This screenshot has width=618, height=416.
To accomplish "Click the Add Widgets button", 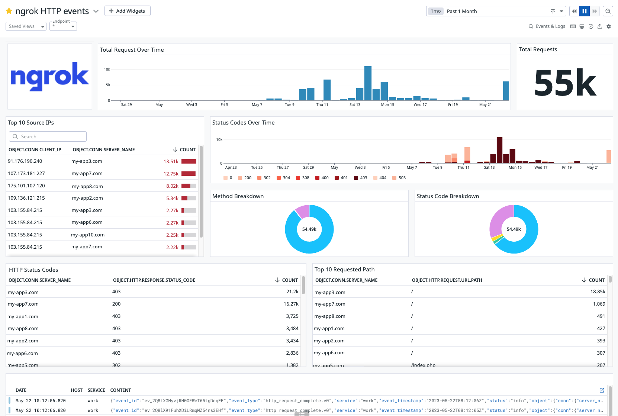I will (x=127, y=11).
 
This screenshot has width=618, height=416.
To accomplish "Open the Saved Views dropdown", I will (x=26, y=26).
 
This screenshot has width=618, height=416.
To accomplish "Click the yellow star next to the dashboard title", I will (x=9, y=11).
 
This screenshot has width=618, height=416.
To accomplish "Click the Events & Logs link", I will (x=547, y=26).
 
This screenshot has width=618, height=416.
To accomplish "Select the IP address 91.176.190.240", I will (x=25, y=161).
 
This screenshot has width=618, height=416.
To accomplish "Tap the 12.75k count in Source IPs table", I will (x=171, y=174).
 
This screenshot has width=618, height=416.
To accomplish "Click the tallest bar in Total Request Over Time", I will (x=368, y=83).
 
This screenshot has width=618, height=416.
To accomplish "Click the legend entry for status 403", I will (x=360, y=178).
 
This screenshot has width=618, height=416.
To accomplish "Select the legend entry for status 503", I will (x=399, y=178).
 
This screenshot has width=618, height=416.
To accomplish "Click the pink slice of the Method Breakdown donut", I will (x=303, y=211).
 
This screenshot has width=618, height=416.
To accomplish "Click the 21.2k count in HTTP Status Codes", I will (x=292, y=292).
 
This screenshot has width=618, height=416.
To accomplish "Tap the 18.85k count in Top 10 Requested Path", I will (x=598, y=292).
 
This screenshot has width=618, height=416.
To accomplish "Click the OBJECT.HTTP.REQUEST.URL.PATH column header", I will (x=447, y=280).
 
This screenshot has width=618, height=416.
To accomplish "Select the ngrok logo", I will (x=50, y=77).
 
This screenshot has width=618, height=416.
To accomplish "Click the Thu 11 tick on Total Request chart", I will (x=322, y=105).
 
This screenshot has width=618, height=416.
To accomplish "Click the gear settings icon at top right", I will (x=609, y=26).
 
